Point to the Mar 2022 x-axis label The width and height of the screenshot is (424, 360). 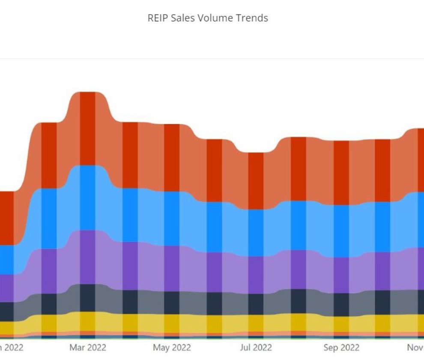(87, 347)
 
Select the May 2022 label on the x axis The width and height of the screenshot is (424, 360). (172, 347)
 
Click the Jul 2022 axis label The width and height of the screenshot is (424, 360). (256, 347)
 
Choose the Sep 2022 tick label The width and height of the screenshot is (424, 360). (341, 347)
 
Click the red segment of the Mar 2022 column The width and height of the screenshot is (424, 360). (87, 129)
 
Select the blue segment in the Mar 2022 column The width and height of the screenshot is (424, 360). (87, 198)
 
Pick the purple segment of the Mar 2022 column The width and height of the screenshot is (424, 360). (87, 257)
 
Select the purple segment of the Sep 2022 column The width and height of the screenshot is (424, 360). (341, 275)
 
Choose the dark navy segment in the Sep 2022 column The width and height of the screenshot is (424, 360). (341, 305)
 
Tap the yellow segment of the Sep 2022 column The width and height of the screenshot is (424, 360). (341, 324)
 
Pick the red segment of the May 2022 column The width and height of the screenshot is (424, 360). (172, 158)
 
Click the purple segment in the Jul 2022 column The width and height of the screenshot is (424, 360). (256, 275)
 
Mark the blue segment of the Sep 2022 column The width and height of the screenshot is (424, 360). (341, 231)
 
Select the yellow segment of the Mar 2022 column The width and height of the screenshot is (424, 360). (87, 321)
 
